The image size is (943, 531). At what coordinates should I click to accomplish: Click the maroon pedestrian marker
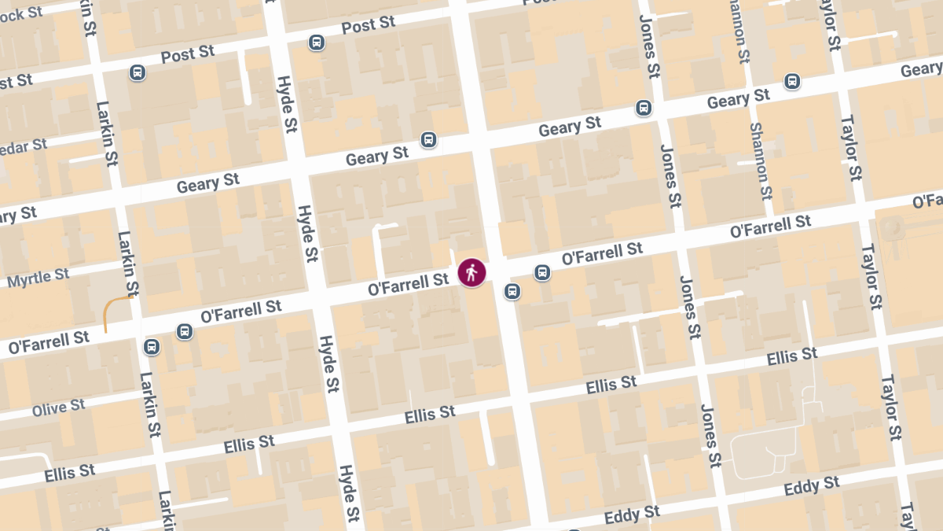[x=472, y=273]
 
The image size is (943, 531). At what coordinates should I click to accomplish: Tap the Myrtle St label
[x=38, y=278]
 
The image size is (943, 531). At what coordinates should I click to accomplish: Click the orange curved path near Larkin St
[x=115, y=308]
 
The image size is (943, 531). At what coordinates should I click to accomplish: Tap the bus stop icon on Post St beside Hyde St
[x=317, y=42]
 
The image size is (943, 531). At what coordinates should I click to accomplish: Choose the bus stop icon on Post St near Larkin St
[x=138, y=73]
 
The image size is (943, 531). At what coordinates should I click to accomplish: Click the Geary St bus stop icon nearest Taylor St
[x=792, y=81]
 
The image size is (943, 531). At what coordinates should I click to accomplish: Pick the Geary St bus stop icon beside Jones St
[x=644, y=108]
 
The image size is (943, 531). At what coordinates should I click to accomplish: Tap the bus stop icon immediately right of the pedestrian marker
[x=541, y=273]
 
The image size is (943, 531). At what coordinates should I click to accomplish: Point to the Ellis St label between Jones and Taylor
[x=792, y=356]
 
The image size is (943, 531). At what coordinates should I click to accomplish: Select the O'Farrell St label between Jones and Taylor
[x=770, y=227]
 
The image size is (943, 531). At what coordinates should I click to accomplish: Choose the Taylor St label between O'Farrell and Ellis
[x=871, y=277]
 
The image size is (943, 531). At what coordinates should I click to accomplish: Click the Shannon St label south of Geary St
[x=761, y=160]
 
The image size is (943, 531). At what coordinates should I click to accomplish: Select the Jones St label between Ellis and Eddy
[x=710, y=435]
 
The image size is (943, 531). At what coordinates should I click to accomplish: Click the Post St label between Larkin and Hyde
[x=187, y=54]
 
